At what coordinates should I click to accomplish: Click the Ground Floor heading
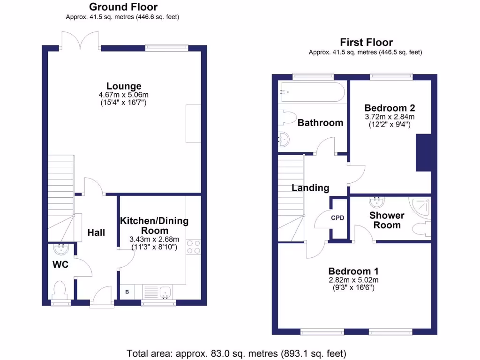[123, 7]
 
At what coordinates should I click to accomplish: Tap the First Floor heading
[366, 42]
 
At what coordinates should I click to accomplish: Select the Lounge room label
[124, 86]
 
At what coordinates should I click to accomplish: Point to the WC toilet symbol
[60, 289]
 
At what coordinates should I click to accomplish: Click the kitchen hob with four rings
[193, 247]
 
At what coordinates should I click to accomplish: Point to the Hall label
[96, 233]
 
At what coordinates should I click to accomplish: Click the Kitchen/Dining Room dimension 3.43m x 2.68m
[154, 239]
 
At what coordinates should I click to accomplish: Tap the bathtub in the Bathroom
[312, 92]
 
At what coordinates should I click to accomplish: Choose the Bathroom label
[320, 123]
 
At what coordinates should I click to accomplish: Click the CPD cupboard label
[337, 218]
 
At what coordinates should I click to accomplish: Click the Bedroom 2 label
[390, 107]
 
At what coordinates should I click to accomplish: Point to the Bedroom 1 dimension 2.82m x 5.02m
[353, 280]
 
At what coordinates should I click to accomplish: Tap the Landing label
[310, 188]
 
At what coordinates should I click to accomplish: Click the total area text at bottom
[236, 353]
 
